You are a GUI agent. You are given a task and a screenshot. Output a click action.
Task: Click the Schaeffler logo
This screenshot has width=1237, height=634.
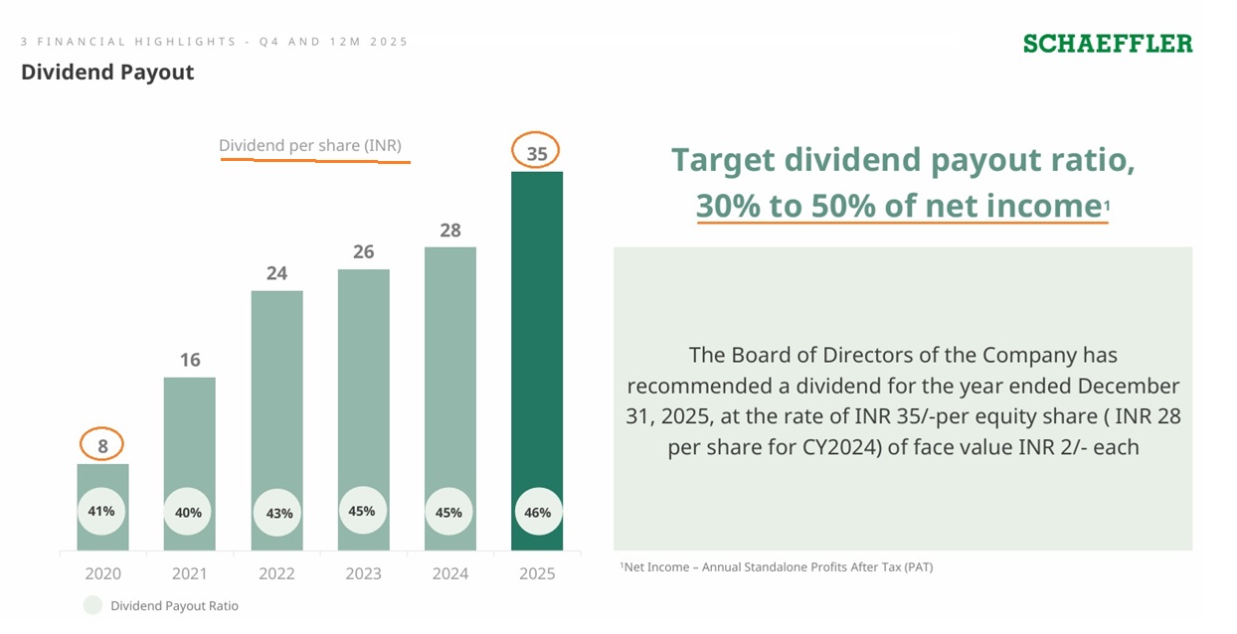[x=1108, y=44]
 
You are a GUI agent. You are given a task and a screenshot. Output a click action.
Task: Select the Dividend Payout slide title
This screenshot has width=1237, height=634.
[x=107, y=73]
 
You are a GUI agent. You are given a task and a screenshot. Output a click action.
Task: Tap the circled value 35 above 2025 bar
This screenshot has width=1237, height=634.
[x=537, y=153]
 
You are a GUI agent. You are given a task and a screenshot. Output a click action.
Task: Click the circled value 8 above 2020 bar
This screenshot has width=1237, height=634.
[x=102, y=446]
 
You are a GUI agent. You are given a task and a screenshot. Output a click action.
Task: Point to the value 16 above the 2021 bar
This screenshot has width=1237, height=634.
[x=190, y=360]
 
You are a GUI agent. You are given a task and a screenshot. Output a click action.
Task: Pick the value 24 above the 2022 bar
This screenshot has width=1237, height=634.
[x=276, y=273]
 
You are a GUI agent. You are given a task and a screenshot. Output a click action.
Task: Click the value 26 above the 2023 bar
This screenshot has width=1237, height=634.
[x=364, y=251]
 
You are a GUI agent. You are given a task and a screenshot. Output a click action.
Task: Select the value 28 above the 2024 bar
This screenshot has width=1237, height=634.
[x=450, y=230]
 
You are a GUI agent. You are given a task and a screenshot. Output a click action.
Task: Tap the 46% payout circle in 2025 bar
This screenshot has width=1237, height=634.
[x=537, y=513]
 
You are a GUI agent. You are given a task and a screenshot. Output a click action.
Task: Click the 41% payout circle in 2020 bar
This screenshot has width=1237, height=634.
[x=101, y=512]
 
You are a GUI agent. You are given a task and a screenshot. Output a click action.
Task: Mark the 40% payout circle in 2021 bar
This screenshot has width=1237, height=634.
[x=188, y=513]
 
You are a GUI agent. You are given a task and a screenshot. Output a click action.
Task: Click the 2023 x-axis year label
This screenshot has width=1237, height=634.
[x=364, y=573]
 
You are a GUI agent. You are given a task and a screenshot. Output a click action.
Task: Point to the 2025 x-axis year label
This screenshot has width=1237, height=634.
[x=537, y=573]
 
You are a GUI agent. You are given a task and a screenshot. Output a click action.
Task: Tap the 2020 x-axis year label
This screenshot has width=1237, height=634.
[x=102, y=573]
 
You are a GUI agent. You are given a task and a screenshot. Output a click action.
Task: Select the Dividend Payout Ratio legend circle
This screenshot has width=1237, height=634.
[x=92, y=605]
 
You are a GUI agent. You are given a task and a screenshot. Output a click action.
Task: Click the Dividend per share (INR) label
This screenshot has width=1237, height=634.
[x=310, y=145]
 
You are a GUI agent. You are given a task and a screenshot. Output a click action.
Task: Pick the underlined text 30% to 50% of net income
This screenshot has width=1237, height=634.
[x=899, y=205]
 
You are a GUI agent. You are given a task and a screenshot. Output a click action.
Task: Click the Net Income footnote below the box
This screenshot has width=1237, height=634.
[x=777, y=567]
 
